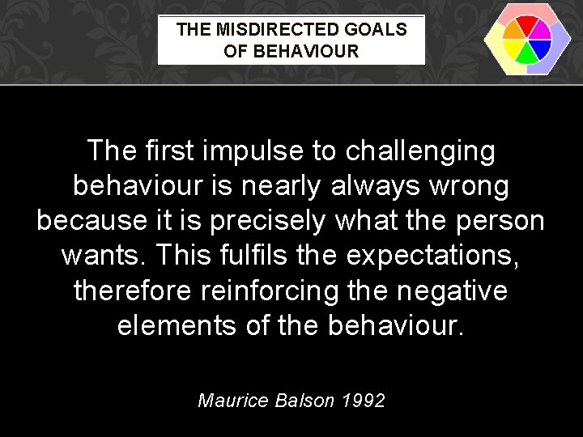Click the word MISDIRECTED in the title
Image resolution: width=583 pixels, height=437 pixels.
click(269, 30)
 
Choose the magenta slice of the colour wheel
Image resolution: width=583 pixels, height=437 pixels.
click(541, 31)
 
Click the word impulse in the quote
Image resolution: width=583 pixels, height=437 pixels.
click(243, 151)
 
